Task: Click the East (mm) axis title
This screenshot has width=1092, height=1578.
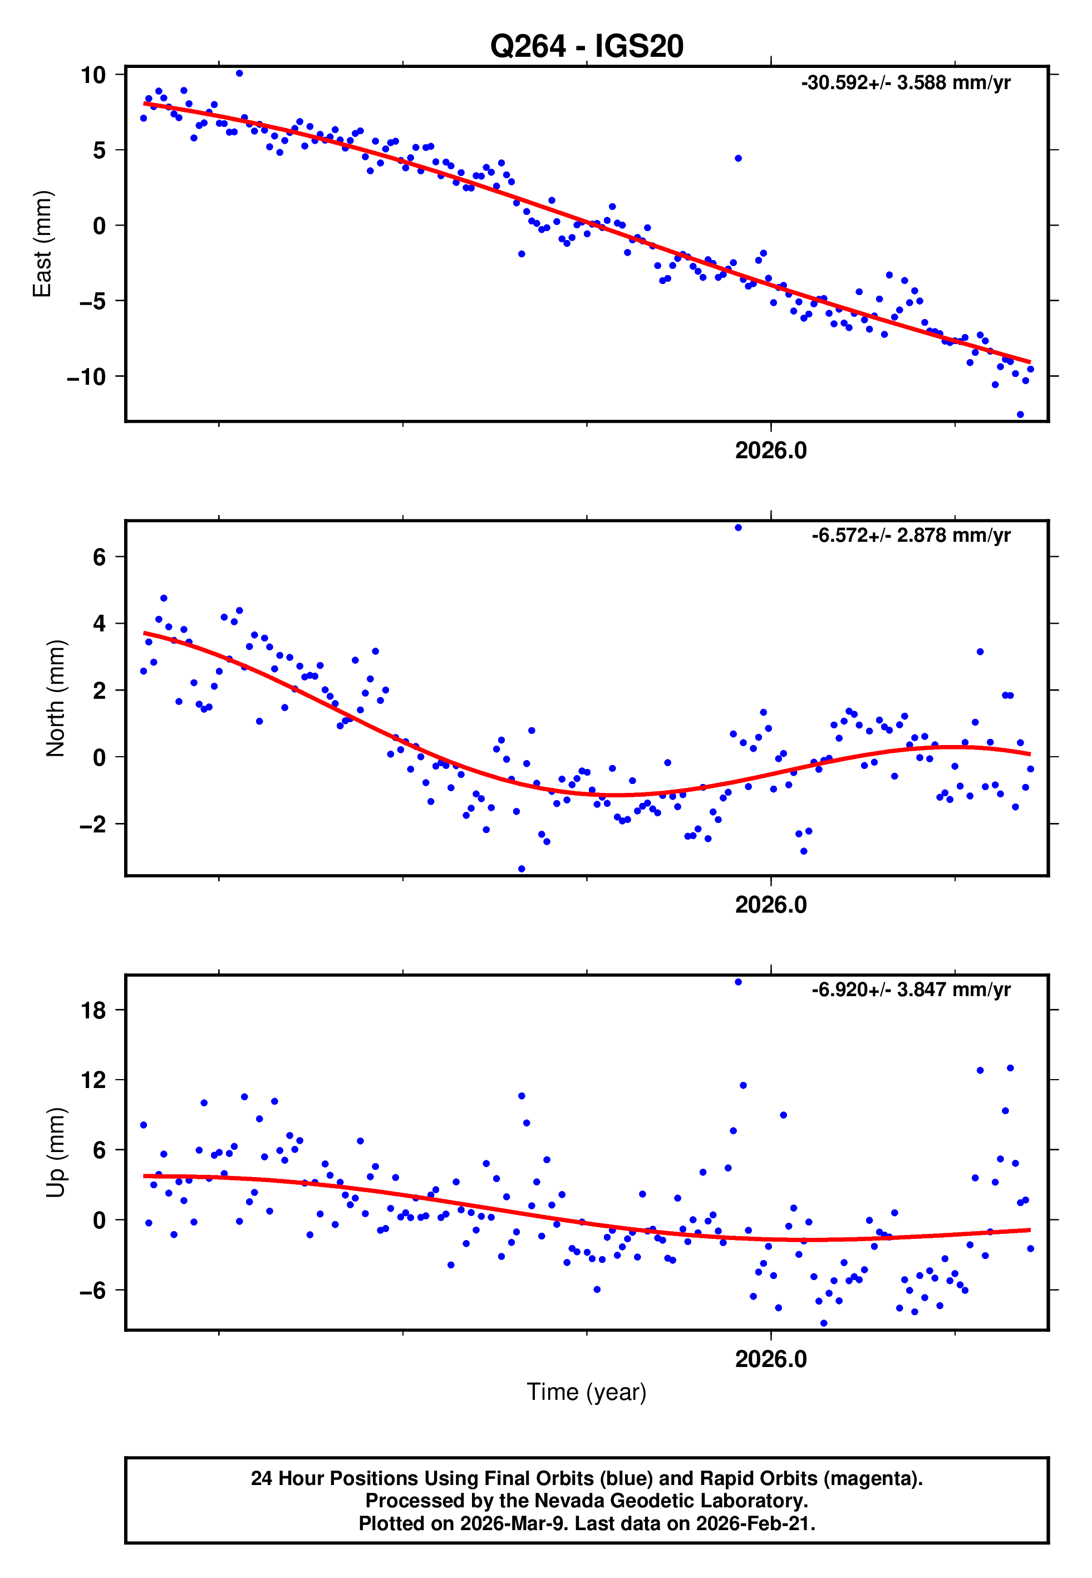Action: (x=42, y=244)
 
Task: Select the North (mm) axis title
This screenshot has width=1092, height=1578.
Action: (x=56, y=698)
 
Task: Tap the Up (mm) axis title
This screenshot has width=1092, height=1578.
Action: (x=56, y=1153)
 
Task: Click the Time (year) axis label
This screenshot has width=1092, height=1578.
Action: (x=587, y=1393)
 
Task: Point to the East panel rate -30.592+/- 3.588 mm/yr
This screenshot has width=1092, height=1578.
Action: (x=905, y=83)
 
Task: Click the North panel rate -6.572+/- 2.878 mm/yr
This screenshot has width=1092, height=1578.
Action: (x=911, y=535)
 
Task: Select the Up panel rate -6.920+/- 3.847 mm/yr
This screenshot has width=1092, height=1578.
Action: (x=911, y=989)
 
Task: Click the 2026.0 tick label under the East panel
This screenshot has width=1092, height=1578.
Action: (x=770, y=450)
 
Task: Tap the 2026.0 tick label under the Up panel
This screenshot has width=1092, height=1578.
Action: (x=770, y=1359)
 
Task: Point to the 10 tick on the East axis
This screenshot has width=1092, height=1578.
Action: (x=93, y=75)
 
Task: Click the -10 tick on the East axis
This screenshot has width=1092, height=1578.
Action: (x=86, y=376)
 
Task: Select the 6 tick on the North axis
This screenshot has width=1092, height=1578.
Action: (x=99, y=557)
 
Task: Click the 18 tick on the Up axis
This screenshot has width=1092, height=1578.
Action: (x=93, y=1010)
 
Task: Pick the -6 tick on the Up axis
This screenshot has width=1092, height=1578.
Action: (x=93, y=1291)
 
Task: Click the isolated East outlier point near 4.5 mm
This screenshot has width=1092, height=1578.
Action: (x=737, y=158)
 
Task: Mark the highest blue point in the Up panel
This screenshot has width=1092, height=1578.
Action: (x=737, y=982)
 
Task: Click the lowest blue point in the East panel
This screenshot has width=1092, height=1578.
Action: (x=1020, y=414)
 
